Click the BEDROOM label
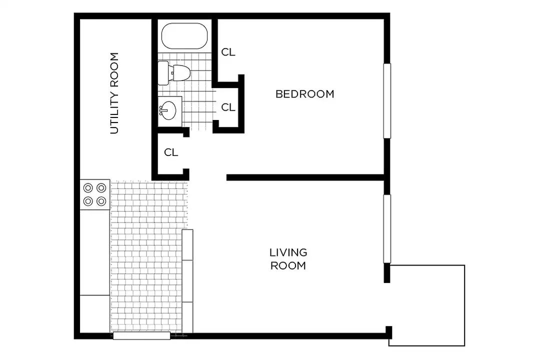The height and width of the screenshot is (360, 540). coord(305,94)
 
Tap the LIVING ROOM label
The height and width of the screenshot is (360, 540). coord(288,259)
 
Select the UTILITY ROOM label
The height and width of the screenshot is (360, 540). coord(114,93)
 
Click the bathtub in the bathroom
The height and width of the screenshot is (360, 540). coord(184,36)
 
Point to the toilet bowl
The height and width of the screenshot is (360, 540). coord(181,72)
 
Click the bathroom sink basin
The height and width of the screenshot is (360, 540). coord(169,110)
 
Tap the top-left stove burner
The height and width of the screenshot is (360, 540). coord(88,188)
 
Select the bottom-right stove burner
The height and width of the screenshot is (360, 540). coord(101,201)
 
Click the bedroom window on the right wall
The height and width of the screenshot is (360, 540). coord(387,101)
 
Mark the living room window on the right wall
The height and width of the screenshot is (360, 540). coord(387,229)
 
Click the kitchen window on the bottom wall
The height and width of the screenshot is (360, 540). coord(141,335)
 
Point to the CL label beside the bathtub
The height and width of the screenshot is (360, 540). coord(228,52)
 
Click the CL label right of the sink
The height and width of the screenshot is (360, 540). coord(228,107)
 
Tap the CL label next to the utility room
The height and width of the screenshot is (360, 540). coord(171,152)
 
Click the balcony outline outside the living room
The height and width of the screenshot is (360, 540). coord(464,305)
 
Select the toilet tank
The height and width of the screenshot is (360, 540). coord(163,73)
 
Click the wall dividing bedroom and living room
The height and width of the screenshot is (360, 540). coord(305,177)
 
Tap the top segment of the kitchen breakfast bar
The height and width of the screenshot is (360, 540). coord(187,245)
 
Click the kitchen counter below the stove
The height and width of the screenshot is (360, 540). coord(95,252)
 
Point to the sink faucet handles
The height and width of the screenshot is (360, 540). coord(161,110)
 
